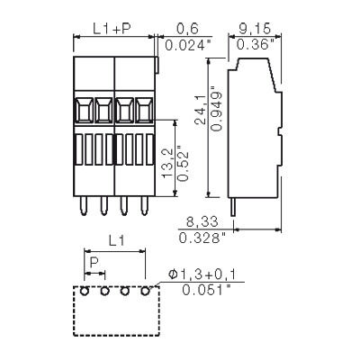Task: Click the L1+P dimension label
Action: pyautogui.click(x=112, y=30)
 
